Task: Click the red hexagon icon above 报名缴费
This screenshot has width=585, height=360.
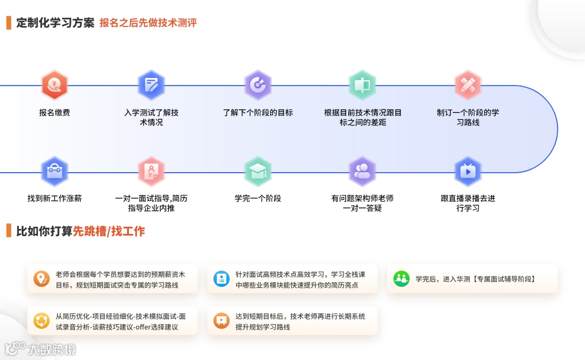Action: coord(54,85)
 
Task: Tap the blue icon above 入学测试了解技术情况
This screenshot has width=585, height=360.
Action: coord(151,85)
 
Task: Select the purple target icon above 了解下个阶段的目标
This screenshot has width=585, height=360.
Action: coord(258,85)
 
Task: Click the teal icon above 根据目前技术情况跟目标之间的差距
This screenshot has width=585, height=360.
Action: coord(362,85)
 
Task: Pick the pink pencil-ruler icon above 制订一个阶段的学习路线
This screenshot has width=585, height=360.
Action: coord(467,85)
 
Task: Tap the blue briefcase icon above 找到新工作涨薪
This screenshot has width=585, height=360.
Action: coord(54,172)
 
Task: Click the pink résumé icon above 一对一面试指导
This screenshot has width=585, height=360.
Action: coord(151,172)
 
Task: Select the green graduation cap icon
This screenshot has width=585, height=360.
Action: coord(258,172)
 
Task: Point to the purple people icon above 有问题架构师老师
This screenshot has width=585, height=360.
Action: coord(362,172)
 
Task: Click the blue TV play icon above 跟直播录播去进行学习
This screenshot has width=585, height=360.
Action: coord(467,172)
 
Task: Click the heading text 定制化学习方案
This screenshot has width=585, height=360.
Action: coord(55,23)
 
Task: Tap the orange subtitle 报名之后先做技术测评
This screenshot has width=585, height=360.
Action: coord(148,23)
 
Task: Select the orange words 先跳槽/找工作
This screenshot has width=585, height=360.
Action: coord(109,231)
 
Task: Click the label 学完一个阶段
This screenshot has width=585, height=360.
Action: coord(258,198)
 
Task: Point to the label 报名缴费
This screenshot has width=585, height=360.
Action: coord(54,113)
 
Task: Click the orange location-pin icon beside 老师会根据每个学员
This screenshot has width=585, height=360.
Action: coord(41,279)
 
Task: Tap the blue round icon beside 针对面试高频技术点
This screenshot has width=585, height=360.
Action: coord(221,279)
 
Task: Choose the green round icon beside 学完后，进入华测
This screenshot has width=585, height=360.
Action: coord(401,279)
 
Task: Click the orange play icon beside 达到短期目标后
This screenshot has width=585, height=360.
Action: coord(221,321)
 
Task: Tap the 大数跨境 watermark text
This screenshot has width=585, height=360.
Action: coord(53,349)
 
